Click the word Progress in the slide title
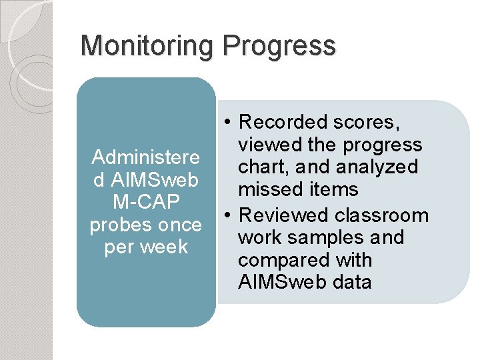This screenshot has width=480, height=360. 280,47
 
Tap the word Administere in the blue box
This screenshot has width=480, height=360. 145,157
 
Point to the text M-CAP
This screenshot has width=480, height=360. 145,203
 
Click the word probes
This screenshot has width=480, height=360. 116,225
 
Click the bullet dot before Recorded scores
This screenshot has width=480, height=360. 228,122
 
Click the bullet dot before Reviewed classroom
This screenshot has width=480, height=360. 228,215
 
